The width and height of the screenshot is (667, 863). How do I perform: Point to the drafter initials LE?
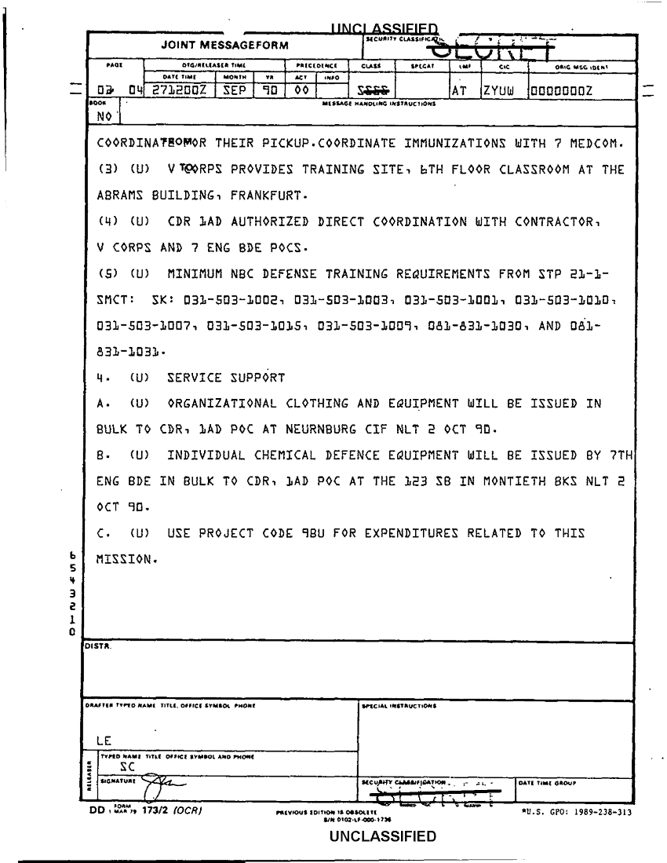[103, 739]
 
